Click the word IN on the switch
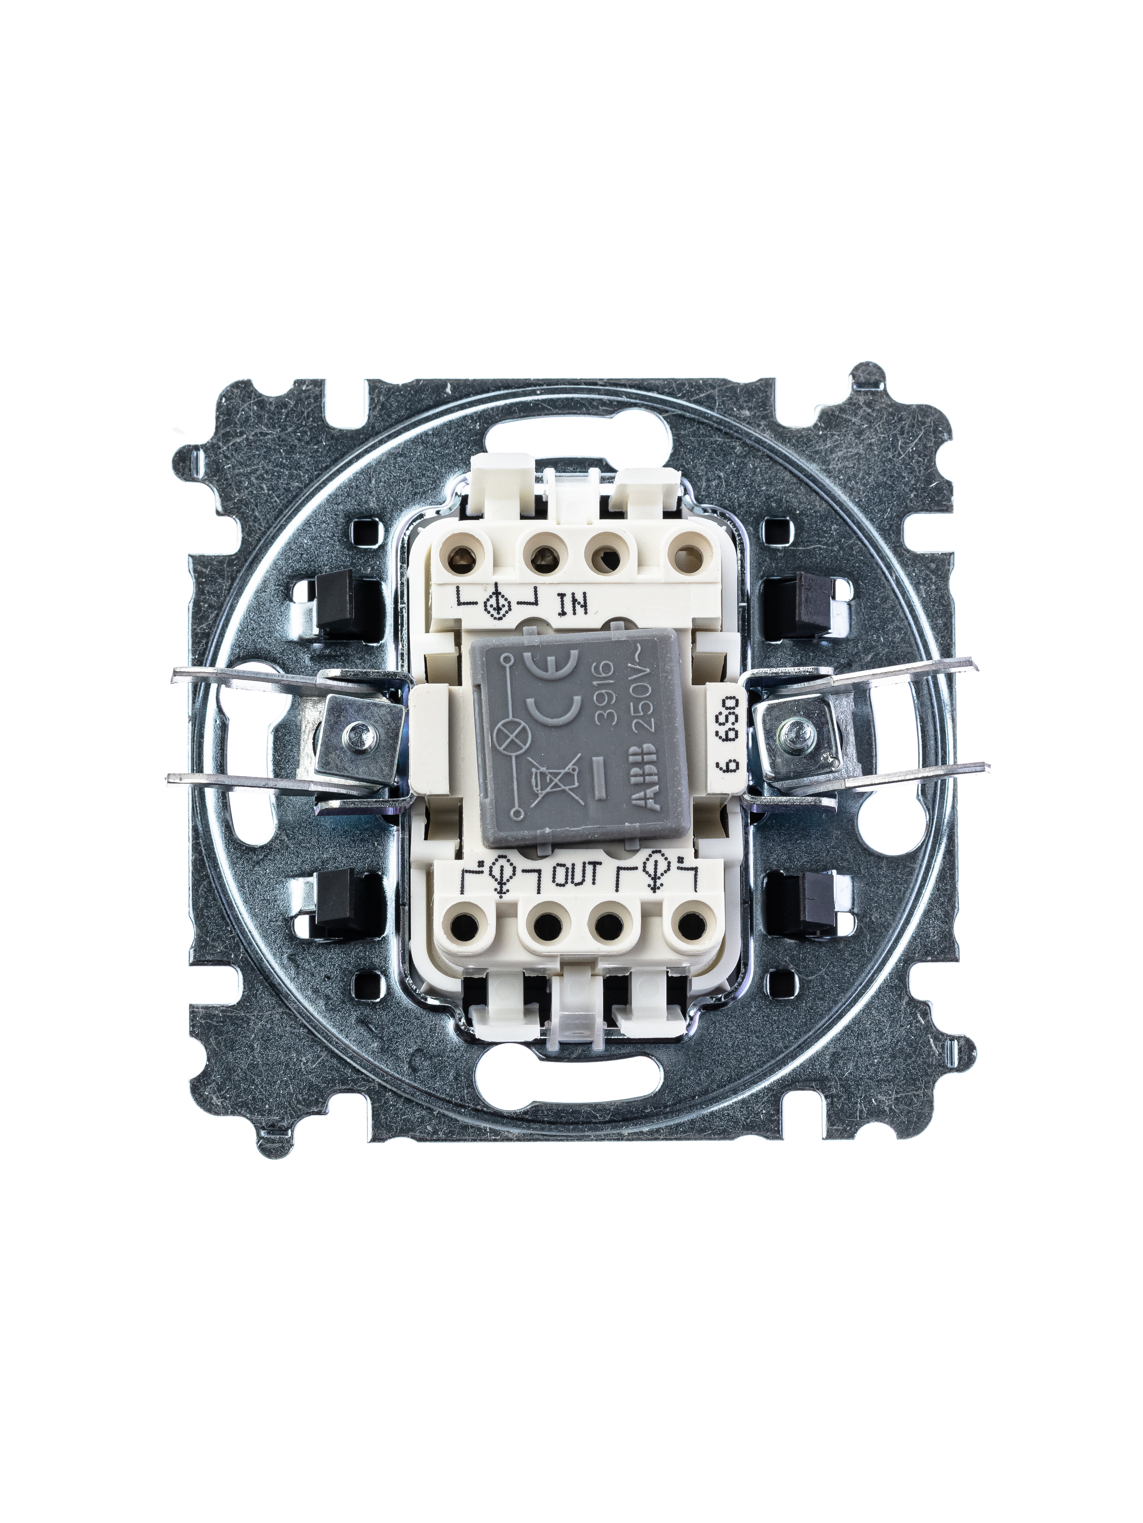point(572,604)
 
